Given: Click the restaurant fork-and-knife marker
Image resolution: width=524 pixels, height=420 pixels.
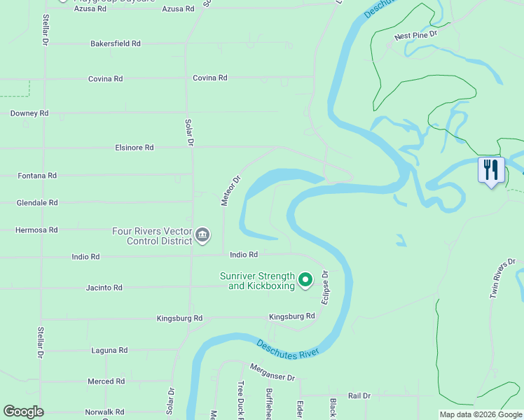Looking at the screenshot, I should (491, 169).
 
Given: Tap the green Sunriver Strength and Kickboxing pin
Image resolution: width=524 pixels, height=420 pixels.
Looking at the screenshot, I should (305, 280).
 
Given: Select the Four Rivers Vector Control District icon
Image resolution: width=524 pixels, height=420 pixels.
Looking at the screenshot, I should (202, 234).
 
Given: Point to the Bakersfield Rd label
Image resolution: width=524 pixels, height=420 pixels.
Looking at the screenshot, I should (116, 43).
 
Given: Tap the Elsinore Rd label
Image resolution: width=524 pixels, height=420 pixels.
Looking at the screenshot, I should (135, 148).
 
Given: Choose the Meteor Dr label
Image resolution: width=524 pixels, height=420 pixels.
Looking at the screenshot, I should (230, 190).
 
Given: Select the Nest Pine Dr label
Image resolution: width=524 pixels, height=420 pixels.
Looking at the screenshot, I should (415, 34).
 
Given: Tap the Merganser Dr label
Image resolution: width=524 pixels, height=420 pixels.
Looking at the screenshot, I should (273, 372).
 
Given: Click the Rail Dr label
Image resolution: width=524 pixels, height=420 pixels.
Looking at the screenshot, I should (359, 395).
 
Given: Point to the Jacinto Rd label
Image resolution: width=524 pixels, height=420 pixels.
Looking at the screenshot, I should (104, 288).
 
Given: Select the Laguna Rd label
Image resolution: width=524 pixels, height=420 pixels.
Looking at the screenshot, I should (109, 350).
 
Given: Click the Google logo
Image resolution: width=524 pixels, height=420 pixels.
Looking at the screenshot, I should (23, 412).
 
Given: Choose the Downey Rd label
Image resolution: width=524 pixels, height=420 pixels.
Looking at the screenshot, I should (29, 113).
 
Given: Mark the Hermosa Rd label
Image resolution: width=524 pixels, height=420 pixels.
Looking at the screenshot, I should (36, 230).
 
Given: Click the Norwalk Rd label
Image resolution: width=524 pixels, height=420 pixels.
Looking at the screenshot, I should (104, 412).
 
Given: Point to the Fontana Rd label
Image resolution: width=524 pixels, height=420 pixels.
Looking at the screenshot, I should (37, 176).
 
